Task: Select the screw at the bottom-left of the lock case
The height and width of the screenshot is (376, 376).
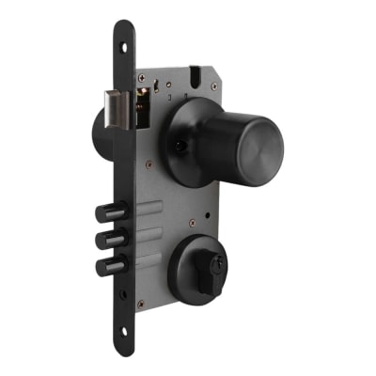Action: [x=140, y=304]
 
